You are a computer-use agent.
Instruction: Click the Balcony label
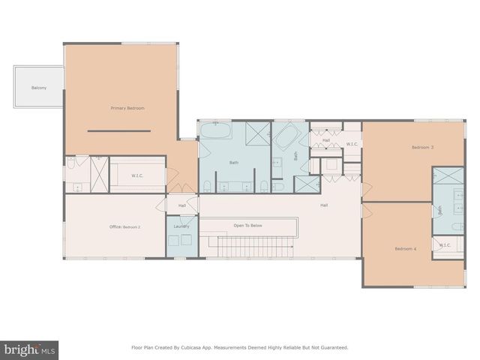coord(39,88)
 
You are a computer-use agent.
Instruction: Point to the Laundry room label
coord(181,226)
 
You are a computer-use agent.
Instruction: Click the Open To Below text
coord(247,225)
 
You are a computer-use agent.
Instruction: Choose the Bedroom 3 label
coord(422,147)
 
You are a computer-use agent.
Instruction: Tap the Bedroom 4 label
coord(406,248)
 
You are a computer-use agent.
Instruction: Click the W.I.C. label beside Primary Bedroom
coord(137,176)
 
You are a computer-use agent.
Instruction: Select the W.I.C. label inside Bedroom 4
coord(445,244)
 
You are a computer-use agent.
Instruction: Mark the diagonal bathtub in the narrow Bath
coord(286,138)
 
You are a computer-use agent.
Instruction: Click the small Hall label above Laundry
coord(181,205)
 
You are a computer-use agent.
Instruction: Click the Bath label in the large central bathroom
coord(233,162)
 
